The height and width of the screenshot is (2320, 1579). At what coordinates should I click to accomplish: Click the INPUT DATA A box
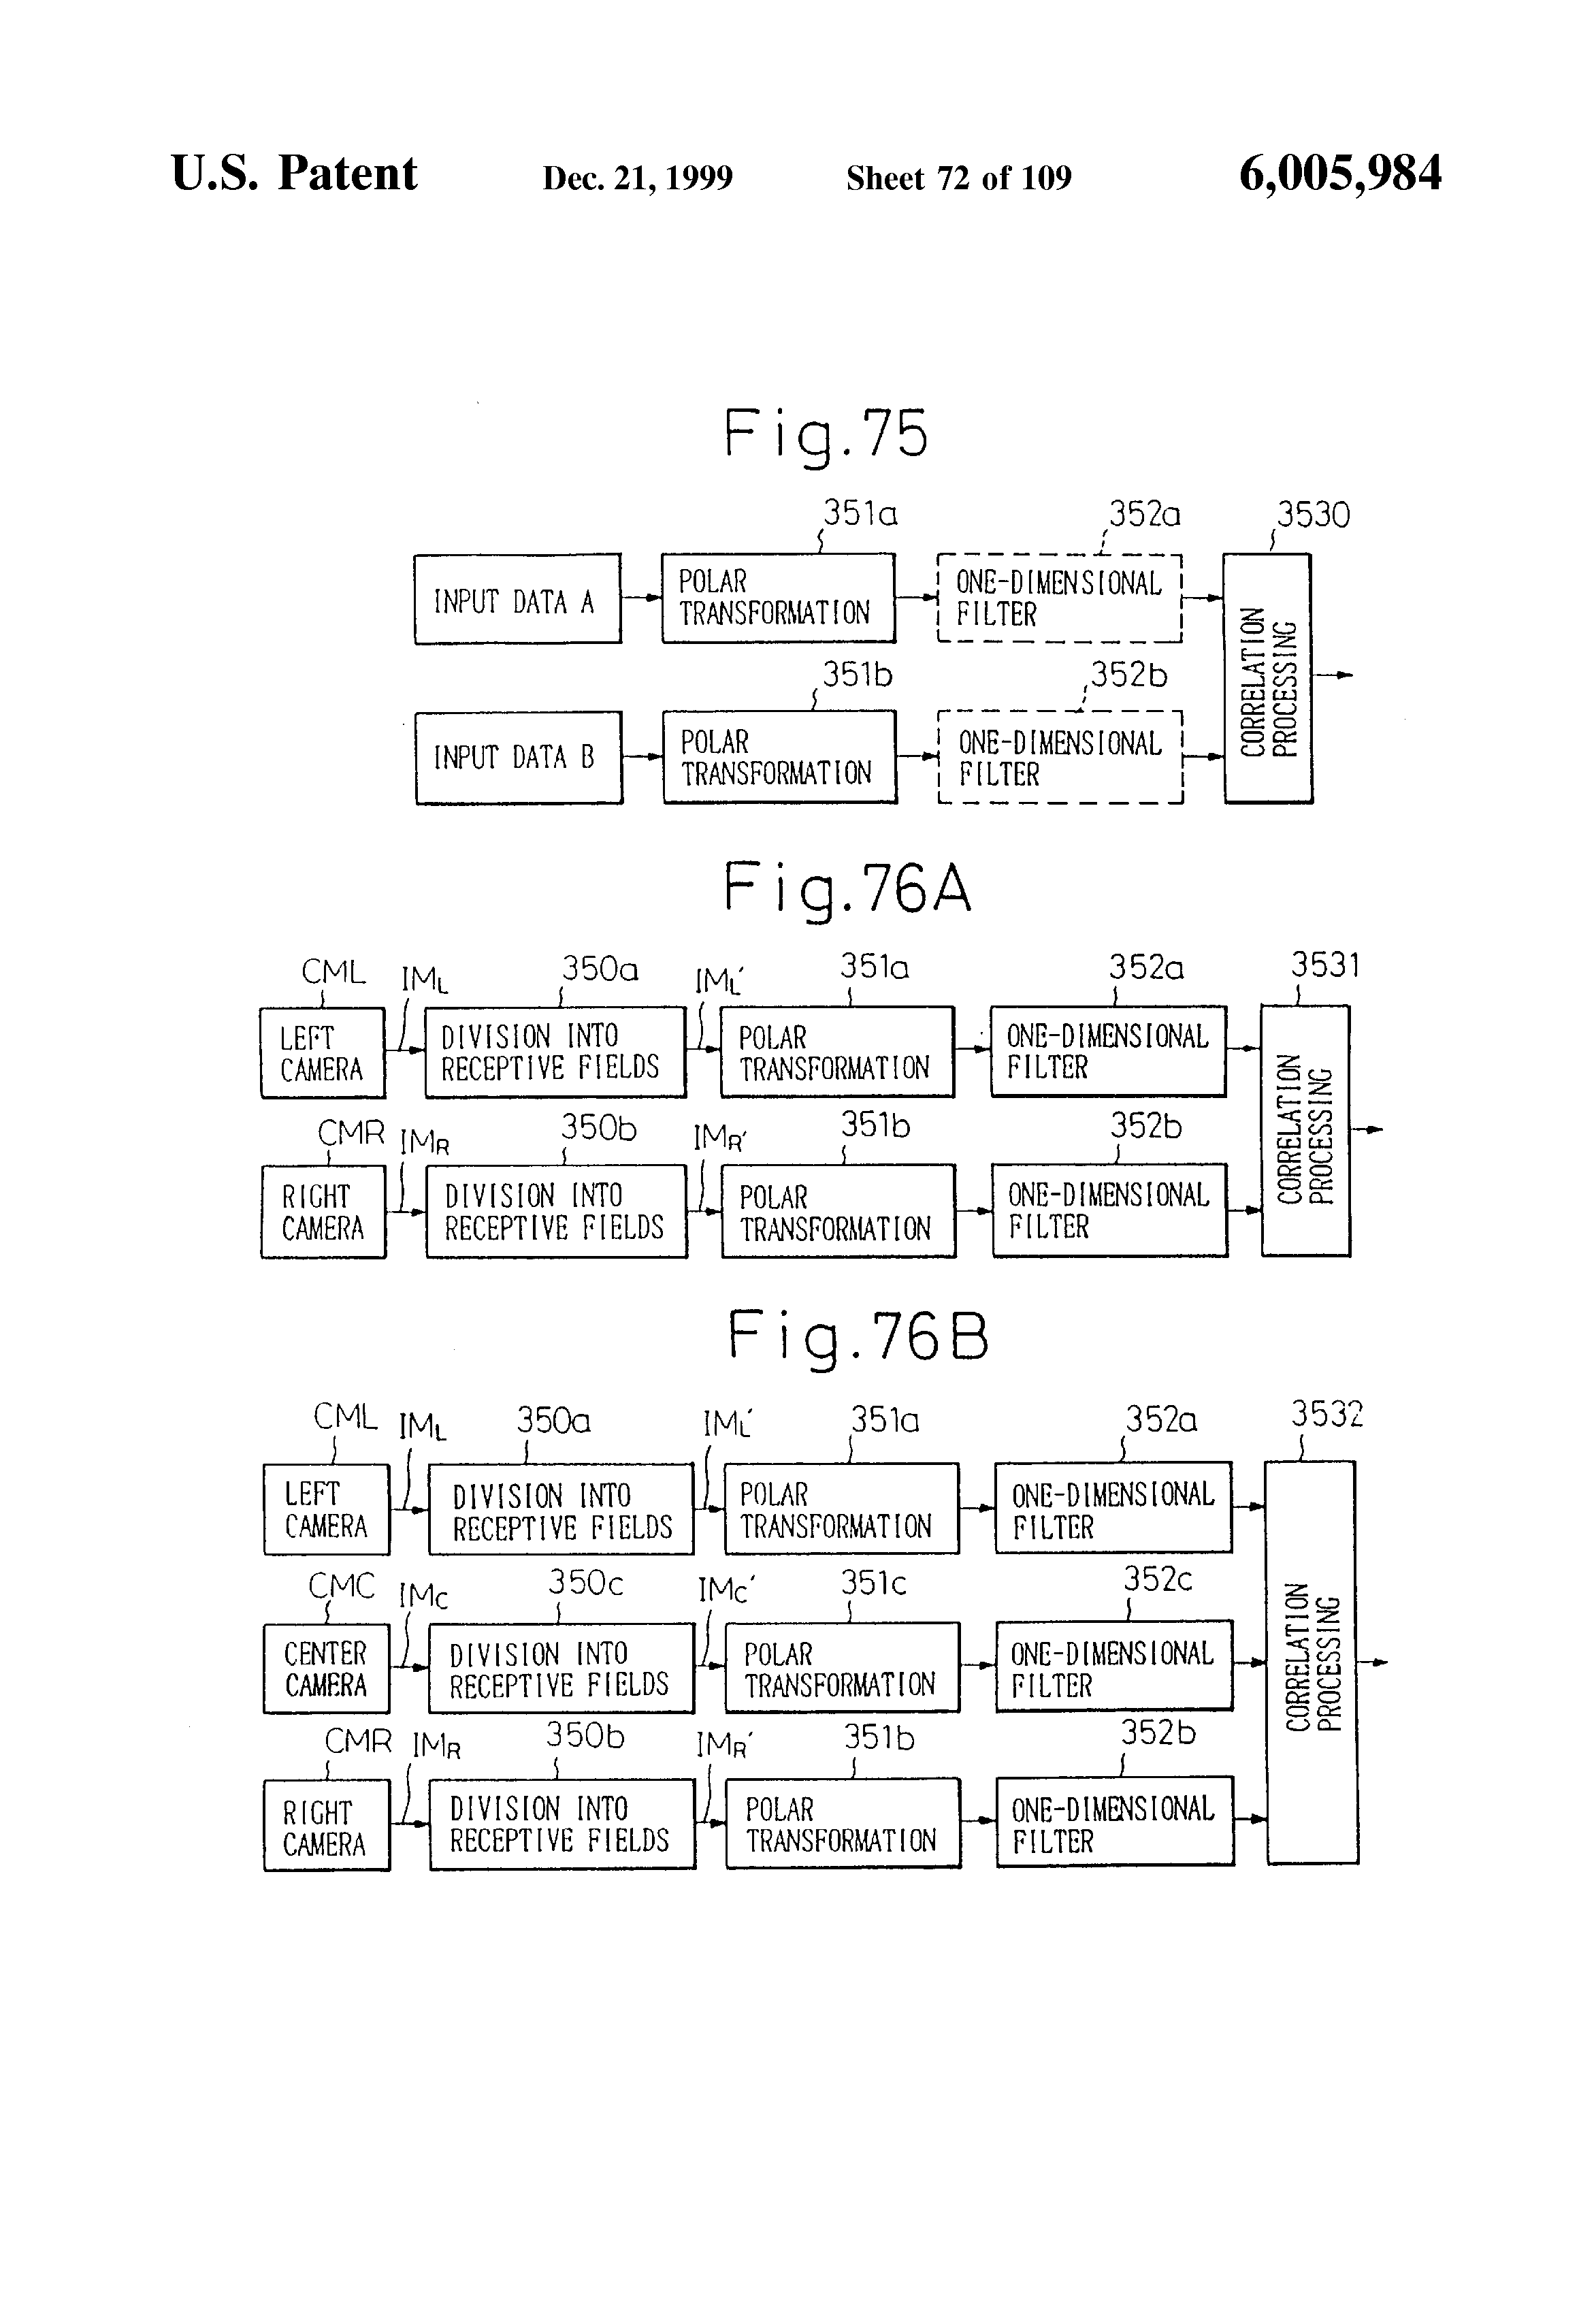click(x=517, y=599)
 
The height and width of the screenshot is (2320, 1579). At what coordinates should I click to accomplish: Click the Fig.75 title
click(x=826, y=434)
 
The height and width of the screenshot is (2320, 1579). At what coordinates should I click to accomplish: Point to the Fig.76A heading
click(x=847, y=888)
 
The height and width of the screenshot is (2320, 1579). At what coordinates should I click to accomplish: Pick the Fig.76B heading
click(x=858, y=1337)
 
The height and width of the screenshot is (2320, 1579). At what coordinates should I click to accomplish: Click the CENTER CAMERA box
click(x=327, y=1669)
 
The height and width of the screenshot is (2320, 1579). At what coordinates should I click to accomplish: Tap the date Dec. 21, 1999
click(x=637, y=178)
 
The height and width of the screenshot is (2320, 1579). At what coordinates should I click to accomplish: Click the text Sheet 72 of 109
click(x=958, y=178)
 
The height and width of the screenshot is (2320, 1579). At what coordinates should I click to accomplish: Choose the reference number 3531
click(x=1324, y=965)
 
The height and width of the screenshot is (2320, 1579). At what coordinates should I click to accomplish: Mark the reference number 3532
click(x=1326, y=1415)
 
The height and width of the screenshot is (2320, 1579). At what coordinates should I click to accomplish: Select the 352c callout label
click(x=1158, y=1579)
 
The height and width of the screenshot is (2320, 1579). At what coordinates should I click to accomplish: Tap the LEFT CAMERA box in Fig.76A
click(x=323, y=1053)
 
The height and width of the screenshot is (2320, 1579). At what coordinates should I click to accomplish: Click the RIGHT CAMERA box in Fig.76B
click(x=327, y=1826)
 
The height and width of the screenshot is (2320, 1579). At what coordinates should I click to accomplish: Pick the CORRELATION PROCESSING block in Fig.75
click(x=1267, y=679)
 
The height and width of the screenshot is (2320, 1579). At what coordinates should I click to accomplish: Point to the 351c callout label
click(x=873, y=1583)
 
